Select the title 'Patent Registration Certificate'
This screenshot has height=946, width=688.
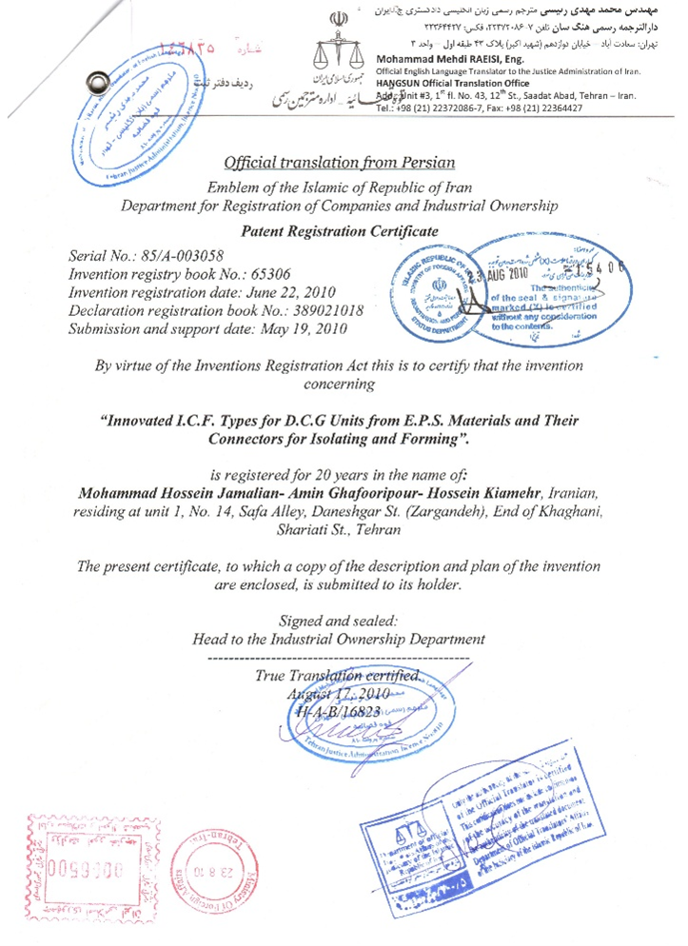[341, 230]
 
